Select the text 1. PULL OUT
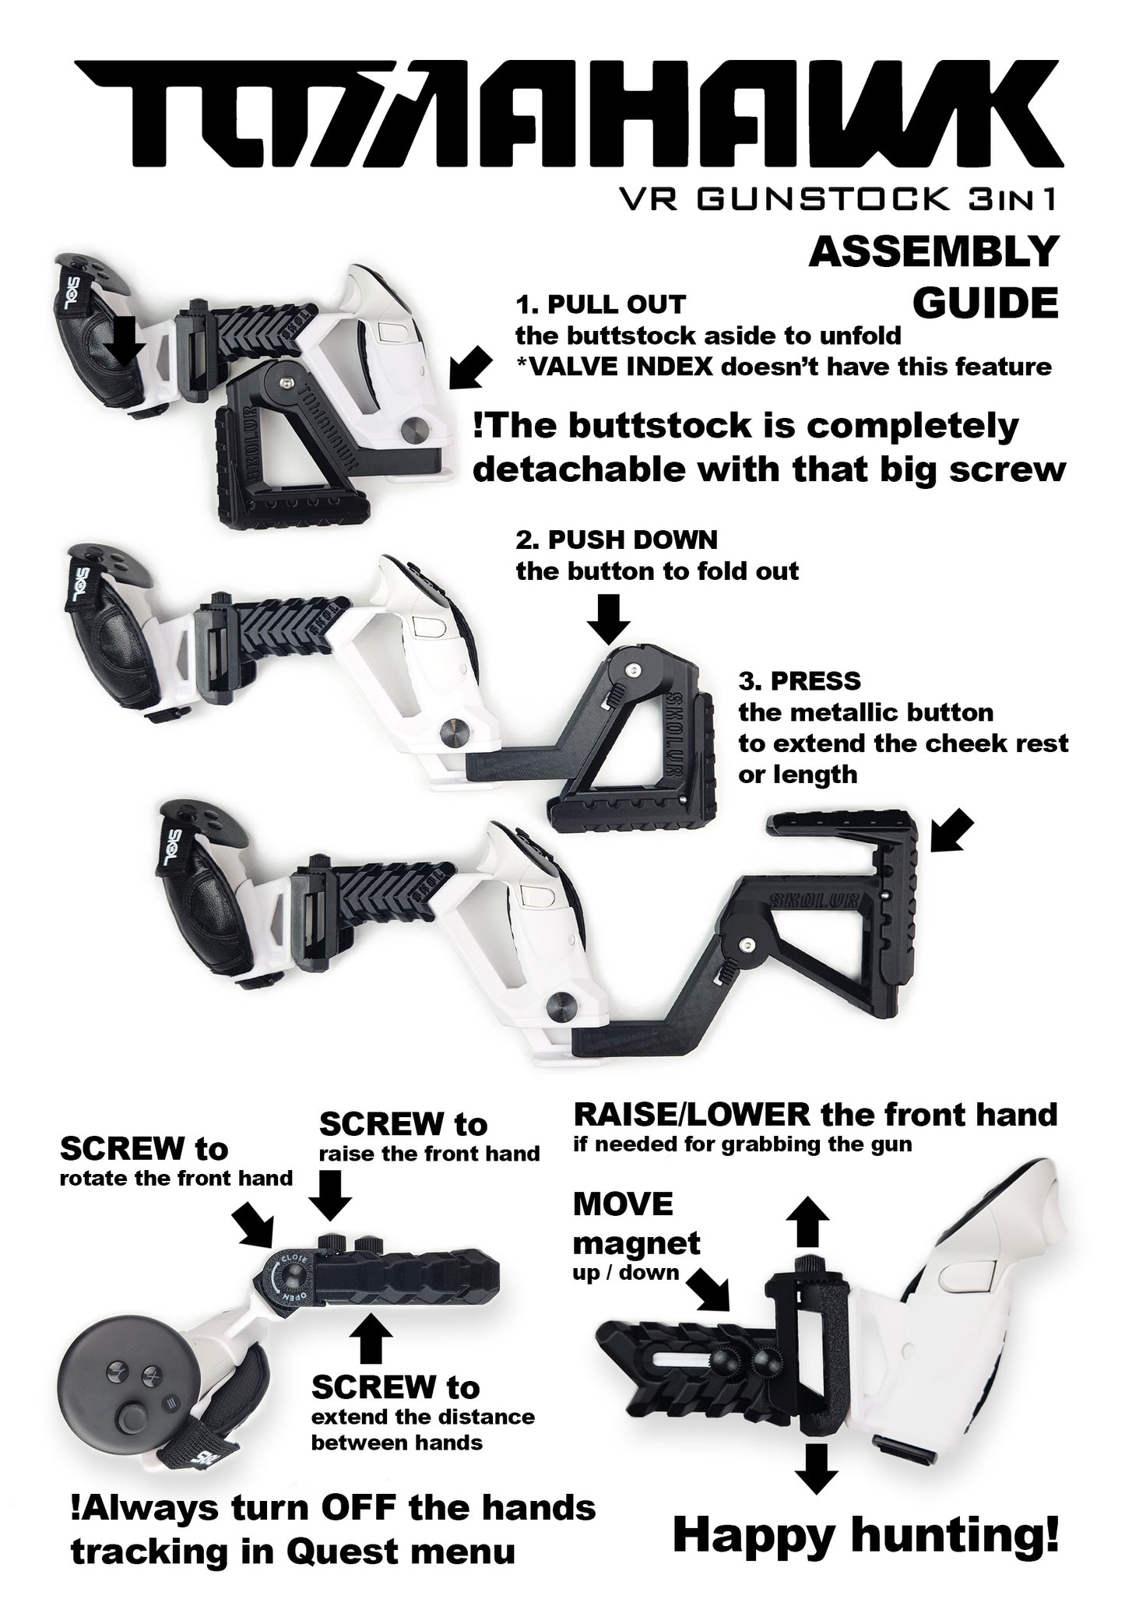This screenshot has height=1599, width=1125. [600, 304]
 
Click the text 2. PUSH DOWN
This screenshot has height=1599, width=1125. [616, 539]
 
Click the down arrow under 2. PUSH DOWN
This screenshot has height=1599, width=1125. [608, 619]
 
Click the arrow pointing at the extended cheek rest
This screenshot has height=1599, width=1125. [954, 831]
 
